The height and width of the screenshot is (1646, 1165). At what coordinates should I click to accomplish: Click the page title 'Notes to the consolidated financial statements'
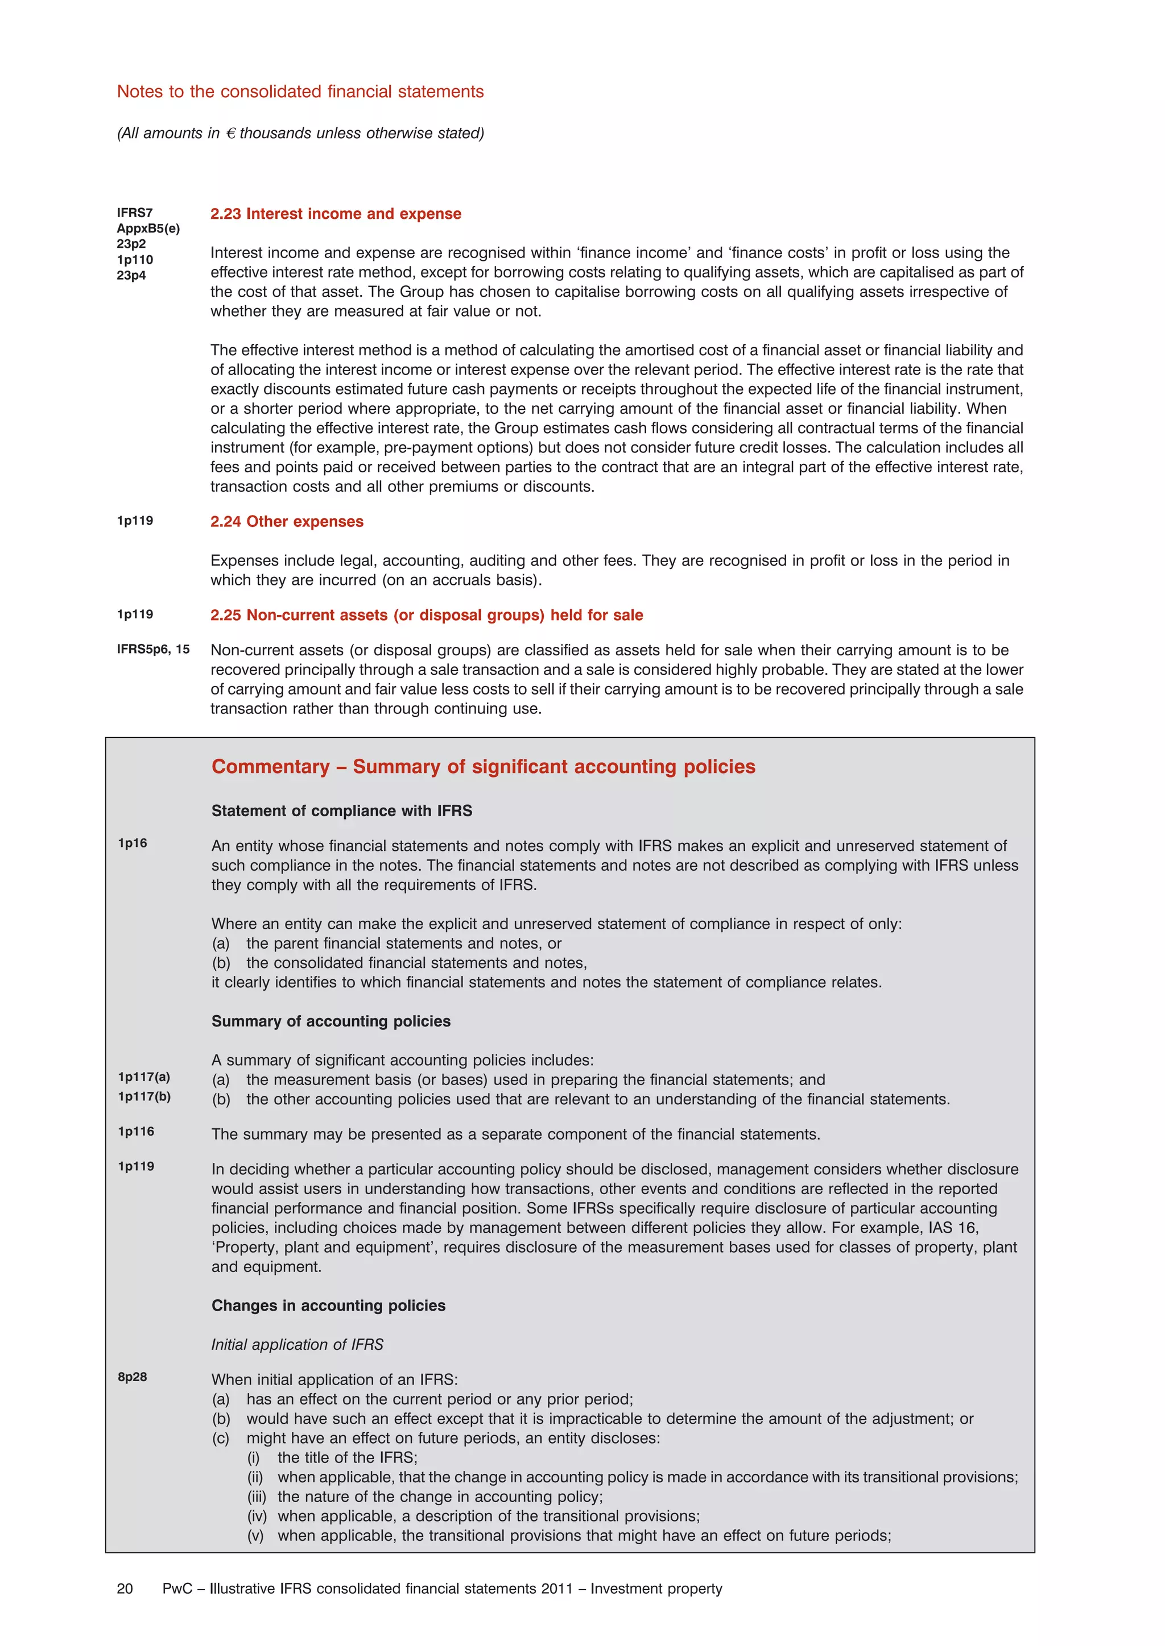tap(300, 92)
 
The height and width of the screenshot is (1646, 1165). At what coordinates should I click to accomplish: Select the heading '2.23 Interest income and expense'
tap(336, 214)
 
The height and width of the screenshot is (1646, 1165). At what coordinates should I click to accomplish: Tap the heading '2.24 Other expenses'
tap(287, 521)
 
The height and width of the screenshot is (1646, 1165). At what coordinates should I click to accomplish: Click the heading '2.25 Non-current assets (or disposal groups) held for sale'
tap(426, 615)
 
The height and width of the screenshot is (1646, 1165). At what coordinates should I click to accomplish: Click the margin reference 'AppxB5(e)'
tap(148, 228)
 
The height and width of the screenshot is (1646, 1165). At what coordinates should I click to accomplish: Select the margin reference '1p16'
tap(133, 843)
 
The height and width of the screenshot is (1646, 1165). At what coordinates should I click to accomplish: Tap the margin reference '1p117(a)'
tap(144, 1077)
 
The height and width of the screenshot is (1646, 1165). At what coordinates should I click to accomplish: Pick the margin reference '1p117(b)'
tap(144, 1096)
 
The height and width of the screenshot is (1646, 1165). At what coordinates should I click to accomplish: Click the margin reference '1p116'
tap(137, 1131)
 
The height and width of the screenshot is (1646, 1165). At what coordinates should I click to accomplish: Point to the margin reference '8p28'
tap(133, 1377)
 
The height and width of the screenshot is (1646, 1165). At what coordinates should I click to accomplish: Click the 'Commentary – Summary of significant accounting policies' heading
tap(483, 766)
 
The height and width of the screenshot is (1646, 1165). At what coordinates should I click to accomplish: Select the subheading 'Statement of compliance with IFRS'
tap(341, 811)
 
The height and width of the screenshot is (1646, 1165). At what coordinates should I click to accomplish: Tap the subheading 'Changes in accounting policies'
tap(328, 1306)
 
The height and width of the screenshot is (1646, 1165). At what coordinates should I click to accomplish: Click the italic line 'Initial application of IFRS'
tap(297, 1344)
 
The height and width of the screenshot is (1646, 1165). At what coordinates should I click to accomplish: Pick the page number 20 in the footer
tap(125, 1589)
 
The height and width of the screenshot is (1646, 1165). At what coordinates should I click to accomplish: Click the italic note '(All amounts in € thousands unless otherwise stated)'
tap(300, 134)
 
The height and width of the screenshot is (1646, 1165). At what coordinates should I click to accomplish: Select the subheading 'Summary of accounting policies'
tap(331, 1021)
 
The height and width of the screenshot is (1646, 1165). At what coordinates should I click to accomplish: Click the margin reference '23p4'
tap(131, 275)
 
